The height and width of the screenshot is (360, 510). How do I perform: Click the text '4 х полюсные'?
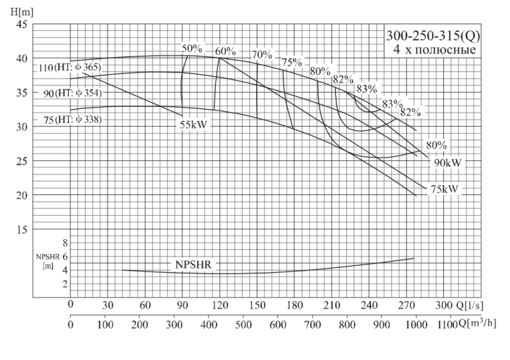434,49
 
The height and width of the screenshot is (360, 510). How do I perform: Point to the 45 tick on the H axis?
21,25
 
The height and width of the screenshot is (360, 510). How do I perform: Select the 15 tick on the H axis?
21,229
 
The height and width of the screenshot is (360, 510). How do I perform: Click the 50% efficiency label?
192,48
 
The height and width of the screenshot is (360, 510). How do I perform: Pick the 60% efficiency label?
226,51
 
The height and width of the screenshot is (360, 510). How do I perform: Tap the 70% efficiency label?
262,54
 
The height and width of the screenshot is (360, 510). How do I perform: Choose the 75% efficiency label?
291,62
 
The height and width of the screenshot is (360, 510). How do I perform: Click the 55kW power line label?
195,124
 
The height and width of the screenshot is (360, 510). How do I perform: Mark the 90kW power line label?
449,162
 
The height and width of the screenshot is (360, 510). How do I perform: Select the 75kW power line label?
444,189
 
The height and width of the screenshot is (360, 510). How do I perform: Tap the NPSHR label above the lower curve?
193,264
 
